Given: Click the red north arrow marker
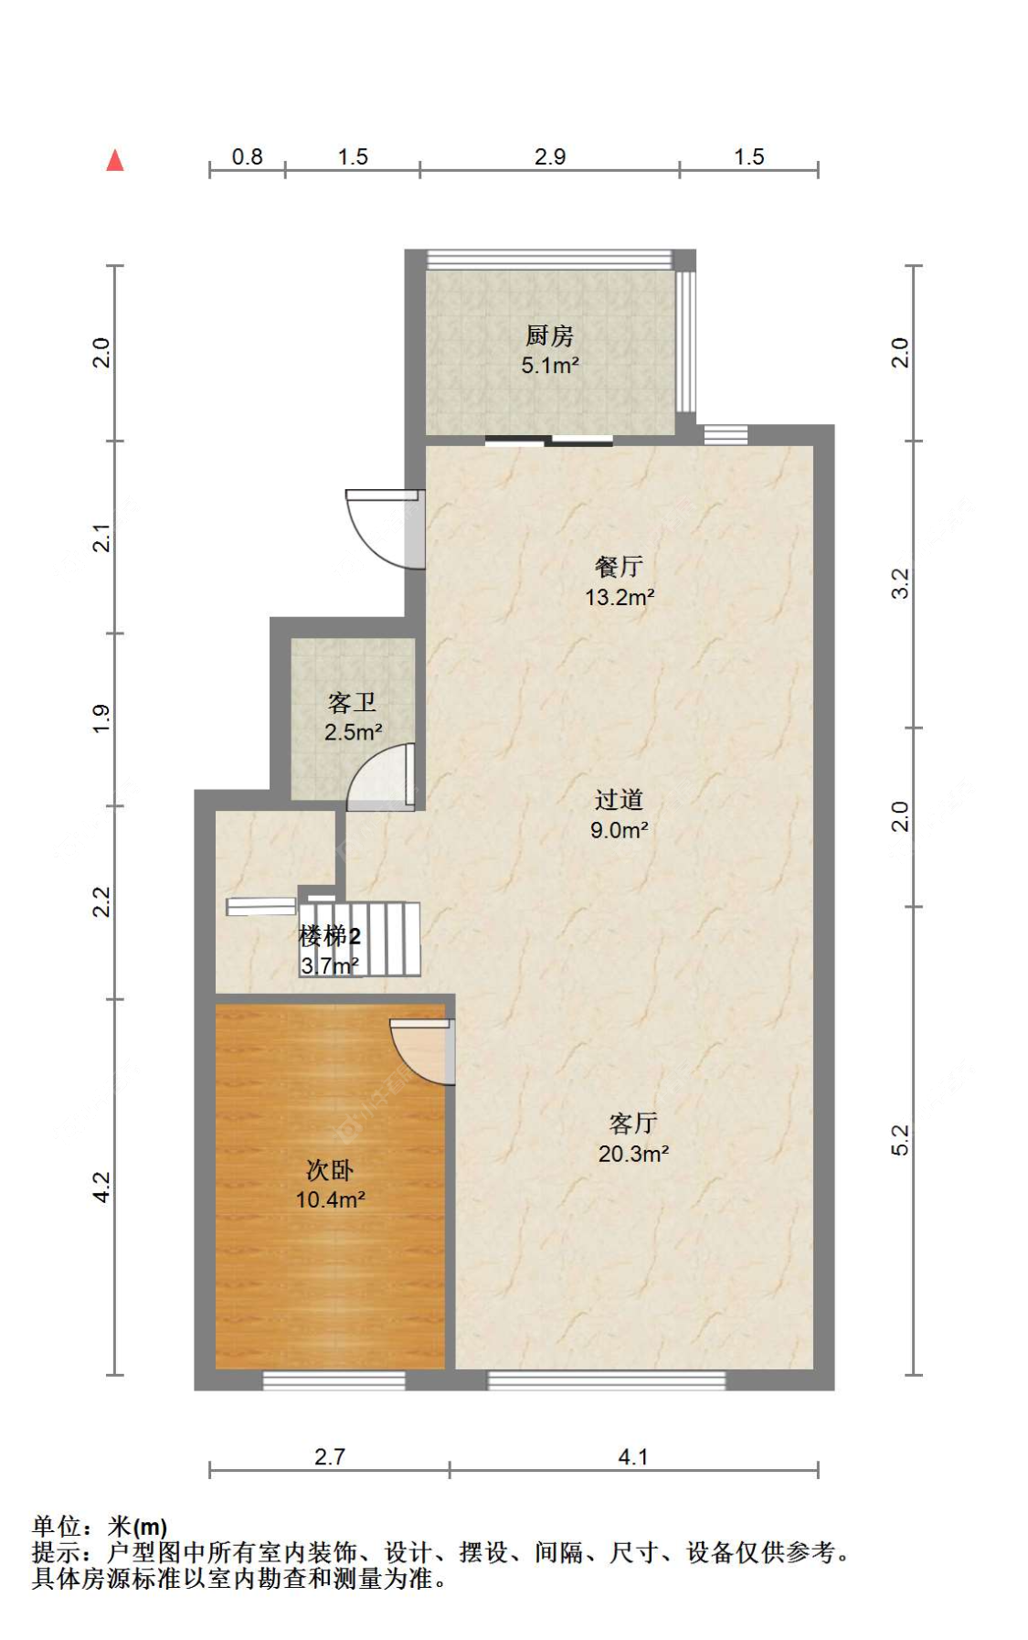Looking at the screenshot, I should click(115, 161).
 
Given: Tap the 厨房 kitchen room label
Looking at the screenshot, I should click(549, 335).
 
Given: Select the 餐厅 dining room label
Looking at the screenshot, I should click(619, 567).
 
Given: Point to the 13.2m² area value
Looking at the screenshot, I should click(619, 598).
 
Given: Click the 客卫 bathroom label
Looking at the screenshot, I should click(352, 703).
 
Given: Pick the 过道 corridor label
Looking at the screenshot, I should click(619, 800).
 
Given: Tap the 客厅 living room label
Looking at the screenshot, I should click(632, 1124).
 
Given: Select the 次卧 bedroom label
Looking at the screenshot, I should click(329, 1170).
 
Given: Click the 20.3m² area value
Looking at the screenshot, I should click(633, 1154).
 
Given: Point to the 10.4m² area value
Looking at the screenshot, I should click(330, 1199).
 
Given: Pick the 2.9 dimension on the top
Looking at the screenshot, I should click(550, 157).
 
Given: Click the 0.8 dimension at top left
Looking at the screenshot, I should click(247, 157).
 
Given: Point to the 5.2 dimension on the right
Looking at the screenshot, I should click(900, 1140).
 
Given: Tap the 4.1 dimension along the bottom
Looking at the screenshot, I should click(632, 1456).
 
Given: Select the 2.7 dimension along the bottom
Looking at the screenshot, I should click(329, 1456).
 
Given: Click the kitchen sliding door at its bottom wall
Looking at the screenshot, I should click(548, 442).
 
